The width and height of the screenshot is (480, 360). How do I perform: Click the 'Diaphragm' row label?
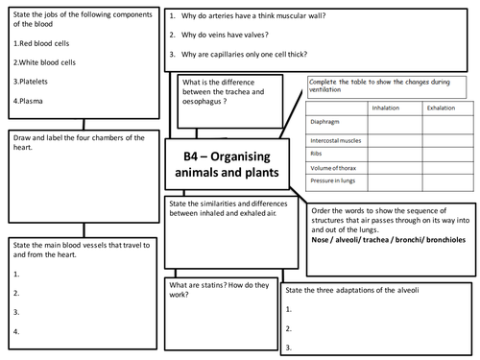point(323,123)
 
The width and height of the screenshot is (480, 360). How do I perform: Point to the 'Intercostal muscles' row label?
point(335,138)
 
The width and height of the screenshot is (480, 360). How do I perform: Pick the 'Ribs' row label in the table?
point(316,153)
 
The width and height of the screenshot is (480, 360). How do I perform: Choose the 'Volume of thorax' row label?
point(332,169)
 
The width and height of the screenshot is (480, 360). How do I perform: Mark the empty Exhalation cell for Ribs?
point(441,153)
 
